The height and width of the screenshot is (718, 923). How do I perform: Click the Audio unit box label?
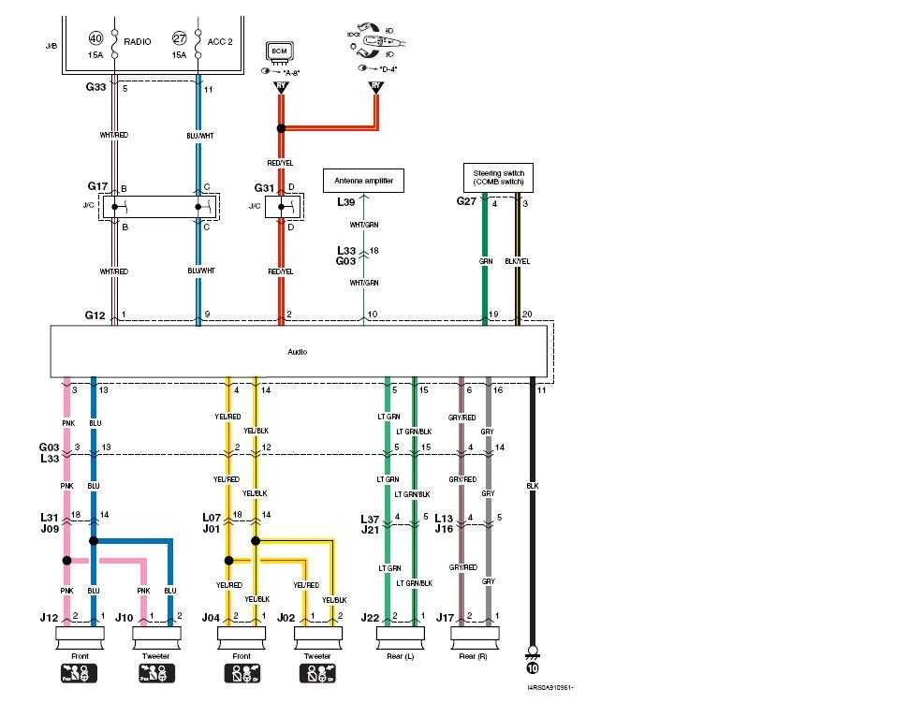coord(297,352)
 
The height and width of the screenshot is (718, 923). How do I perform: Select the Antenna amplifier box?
coord(363,180)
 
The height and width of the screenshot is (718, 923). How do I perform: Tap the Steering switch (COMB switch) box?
coord(499,176)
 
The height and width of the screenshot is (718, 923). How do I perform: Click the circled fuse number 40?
coord(95,38)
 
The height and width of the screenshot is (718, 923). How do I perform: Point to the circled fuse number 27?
coord(181,38)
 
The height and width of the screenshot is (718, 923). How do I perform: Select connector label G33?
coord(96,89)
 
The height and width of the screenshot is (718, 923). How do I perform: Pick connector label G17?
coord(98,186)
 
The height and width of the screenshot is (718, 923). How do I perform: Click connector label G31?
coord(265,187)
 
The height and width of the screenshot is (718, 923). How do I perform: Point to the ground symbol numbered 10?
coord(532,668)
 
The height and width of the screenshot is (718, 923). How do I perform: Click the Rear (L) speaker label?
coord(400,655)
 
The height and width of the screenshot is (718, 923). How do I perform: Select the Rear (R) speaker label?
coord(475,655)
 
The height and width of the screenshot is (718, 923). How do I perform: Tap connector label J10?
coord(124,617)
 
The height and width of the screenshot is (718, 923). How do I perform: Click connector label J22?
coord(371,617)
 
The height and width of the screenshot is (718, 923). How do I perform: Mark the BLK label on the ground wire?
coord(532,486)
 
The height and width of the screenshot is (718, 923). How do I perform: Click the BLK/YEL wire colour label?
coord(518,262)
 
